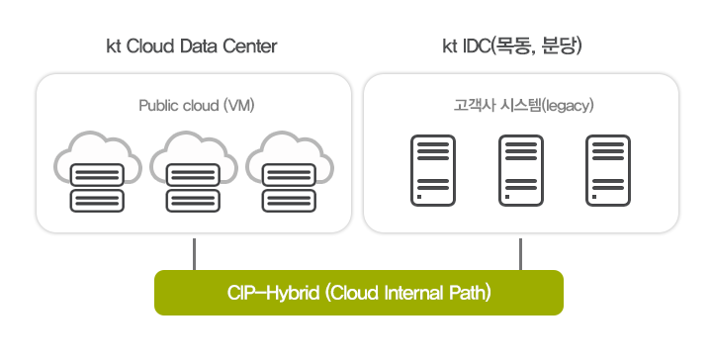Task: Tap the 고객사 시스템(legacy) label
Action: pyautogui.click(x=521, y=104)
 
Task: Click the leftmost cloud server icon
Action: pyautogui.click(x=96, y=172)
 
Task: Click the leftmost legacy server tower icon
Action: pyautogui.click(x=428, y=169)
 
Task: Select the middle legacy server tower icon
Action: pyautogui.click(x=521, y=169)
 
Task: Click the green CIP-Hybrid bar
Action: pyautogui.click(x=358, y=293)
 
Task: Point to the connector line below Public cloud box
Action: pyautogui.click(x=194, y=253)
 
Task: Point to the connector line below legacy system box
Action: pyautogui.click(x=520, y=253)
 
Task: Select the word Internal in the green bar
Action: pyautogui.click(x=419, y=294)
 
